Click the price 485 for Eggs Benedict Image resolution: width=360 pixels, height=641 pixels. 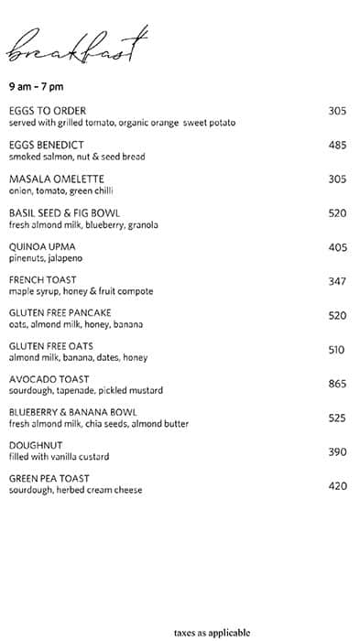tap(337, 146)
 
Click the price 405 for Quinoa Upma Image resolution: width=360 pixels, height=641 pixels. tap(337, 247)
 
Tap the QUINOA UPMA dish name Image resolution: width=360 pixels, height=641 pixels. tap(42, 246)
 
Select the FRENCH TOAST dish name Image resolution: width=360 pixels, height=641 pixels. tap(43, 279)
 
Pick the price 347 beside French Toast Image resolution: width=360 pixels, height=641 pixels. tap(337, 281)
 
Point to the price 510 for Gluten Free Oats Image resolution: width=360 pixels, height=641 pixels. tap(337, 349)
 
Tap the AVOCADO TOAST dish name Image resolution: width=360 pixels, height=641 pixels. tap(49, 379)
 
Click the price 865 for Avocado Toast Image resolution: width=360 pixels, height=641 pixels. tap(337, 385)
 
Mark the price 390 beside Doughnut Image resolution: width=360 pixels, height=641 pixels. tap(337, 452)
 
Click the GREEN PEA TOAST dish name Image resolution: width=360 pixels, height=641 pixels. tap(49, 479)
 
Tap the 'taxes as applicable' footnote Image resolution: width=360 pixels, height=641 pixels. tap(211, 632)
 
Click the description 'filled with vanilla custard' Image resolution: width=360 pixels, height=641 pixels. tap(59, 457)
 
